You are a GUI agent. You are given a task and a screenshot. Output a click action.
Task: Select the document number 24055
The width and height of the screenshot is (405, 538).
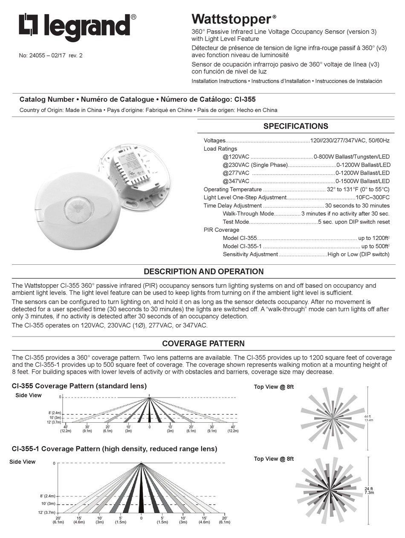[37, 55]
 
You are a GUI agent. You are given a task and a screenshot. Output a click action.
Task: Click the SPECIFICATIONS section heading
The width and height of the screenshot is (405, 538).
[295, 126]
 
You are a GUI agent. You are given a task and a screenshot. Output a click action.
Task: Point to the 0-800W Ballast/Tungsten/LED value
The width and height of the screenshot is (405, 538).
[351, 157]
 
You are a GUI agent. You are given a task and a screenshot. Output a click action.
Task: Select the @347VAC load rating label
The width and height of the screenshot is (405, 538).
[236, 181]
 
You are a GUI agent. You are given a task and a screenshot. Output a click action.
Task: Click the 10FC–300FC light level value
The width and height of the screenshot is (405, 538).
[373, 197]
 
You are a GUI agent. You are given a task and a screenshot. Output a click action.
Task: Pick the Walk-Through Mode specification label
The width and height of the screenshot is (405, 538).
[248, 213]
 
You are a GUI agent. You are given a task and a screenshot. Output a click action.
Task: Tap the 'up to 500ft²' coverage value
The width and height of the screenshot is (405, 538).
[375, 246]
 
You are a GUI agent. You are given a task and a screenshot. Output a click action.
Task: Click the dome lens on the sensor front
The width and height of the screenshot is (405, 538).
[76, 208]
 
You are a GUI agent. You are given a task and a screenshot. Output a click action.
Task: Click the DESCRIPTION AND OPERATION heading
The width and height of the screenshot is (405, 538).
[203, 272]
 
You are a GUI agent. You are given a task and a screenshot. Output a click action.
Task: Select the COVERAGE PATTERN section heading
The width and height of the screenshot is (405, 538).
[203, 344]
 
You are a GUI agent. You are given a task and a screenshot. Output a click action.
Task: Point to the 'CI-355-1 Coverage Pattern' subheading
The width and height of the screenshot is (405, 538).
[114, 449]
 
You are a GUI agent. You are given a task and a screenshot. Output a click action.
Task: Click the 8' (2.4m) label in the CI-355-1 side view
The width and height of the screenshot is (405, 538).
[48, 496]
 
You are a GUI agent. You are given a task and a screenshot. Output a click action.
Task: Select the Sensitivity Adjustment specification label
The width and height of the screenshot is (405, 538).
[250, 254]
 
